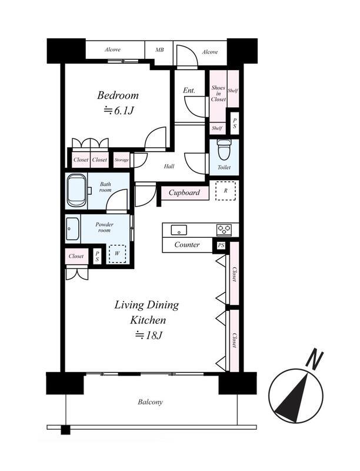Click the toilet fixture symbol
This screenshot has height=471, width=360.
224,150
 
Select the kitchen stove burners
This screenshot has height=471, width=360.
224,230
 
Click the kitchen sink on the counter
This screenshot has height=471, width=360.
179,230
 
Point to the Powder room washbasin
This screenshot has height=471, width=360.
72,229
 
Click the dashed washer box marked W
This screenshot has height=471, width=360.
117,254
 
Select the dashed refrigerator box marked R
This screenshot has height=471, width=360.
226,190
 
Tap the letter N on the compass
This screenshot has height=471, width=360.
314,360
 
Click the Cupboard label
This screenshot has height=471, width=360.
184,193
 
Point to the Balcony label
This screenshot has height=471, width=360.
151,402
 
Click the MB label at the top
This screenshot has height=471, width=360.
159,50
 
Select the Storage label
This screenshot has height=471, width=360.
122,160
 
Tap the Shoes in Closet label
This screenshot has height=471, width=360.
218,94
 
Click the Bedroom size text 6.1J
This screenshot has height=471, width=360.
118,111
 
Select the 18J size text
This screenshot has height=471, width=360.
149,335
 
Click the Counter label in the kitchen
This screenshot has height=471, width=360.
187,245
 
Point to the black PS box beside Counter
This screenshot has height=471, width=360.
221,246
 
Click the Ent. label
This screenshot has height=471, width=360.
189,90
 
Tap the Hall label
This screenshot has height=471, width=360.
169,167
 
